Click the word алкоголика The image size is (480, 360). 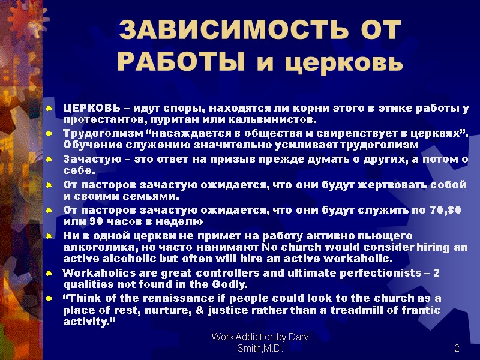click(x=93, y=247)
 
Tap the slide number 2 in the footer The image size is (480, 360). click(x=457, y=349)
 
